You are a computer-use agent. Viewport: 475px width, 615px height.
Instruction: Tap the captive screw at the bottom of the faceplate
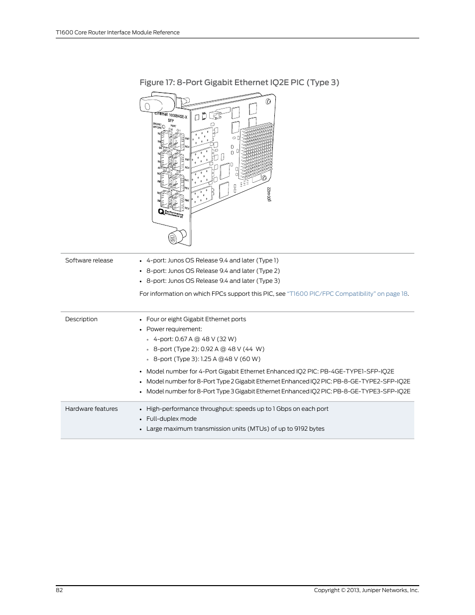click(174, 238)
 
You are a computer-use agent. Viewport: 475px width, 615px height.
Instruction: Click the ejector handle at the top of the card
click(155, 105)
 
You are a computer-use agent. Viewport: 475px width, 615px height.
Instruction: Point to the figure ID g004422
click(269, 194)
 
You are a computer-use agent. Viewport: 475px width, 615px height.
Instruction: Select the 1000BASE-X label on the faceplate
click(178, 116)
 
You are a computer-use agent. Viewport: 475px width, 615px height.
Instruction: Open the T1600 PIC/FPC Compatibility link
click(348, 294)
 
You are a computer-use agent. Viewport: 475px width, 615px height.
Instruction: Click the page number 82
click(59, 590)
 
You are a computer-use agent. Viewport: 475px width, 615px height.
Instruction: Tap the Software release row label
click(89, 260)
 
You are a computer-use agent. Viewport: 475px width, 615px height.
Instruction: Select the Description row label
click(81, 319)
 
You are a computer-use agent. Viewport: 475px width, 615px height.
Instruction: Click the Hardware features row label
click(92, 409)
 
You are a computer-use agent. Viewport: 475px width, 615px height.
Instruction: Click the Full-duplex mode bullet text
click(171, 419)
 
